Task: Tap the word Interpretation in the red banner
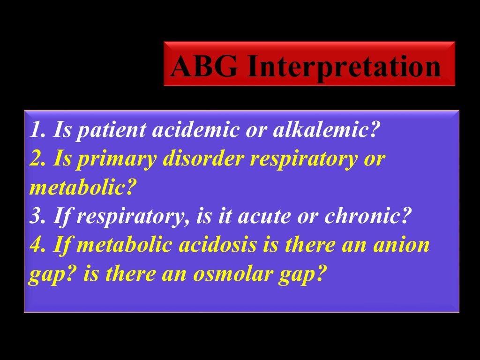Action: [x=344, y=67]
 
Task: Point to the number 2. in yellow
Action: [x=38, y=159]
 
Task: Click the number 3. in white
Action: [x=37, y=216]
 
